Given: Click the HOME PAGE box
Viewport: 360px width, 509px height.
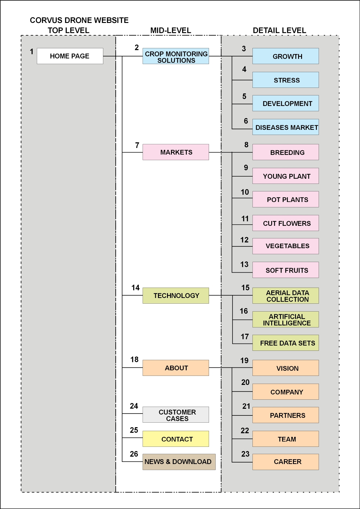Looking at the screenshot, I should click(x=70, y=56).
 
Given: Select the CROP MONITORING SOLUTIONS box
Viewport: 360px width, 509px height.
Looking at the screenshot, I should click(x=176, y=56).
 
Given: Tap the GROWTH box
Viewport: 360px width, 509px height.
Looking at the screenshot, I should click(x=285, y=56).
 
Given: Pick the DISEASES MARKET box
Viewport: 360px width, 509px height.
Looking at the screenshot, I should click(x=285, y=127).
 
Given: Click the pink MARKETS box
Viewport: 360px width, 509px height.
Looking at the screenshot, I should click(x=176, y=152).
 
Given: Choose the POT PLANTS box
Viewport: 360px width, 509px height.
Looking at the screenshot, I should click(x=285, y=199).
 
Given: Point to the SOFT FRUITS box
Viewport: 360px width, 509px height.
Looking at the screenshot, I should click(x=285, y=270).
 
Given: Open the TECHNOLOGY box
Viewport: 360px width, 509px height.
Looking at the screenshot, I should click(x=176, y=296).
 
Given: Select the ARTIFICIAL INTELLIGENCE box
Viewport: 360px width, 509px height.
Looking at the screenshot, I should click(x=285, y=319).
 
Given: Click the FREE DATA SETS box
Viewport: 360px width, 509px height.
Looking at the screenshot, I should click(x=285, y=343).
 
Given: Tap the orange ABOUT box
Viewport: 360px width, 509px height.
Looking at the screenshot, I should click(x=176, y=368).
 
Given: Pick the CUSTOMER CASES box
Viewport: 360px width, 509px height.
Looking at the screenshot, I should click(x=176, y=415).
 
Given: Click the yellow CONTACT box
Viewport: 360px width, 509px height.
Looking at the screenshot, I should click(x=176, y=439).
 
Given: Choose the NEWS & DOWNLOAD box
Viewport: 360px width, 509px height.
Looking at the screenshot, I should click(x=179, y=462).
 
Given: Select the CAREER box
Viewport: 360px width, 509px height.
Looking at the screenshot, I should click(x=285, y=462).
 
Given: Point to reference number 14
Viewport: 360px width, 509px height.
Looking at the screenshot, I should click(x=135, y=288).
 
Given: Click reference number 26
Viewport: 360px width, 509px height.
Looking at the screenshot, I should click(x=134, y=454).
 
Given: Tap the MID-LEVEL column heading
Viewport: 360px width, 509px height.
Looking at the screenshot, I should click(x=171, y=30).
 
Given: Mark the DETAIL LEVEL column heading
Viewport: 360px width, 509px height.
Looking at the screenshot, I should click(x=279, y=30).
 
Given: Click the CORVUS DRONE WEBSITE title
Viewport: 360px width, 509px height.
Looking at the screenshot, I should click(x=79, y=20).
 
